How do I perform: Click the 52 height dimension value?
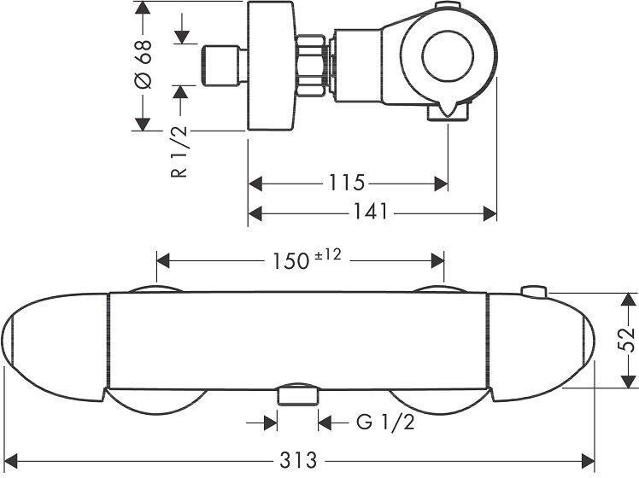[x=628, y=339]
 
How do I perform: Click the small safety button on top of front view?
[x=535, y=292]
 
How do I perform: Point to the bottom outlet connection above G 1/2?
[x=297, y=394]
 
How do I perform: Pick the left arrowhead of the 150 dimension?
[x=162, y=259]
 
